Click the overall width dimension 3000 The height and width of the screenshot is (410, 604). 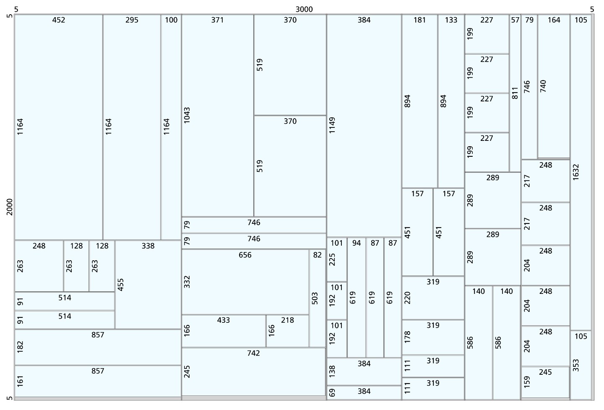coord(304,10)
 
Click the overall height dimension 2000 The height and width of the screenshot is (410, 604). coord(10,207)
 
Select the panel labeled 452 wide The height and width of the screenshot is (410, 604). coord(59,127)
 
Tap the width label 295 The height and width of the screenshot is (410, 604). coord(132,20)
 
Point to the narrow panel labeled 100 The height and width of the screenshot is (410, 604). coord(171,127)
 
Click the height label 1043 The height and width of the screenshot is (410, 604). coord(187,115)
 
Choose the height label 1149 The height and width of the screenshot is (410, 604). coord(332,125)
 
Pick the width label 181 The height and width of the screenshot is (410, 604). coord(419,20)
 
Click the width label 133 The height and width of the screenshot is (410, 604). coord(451,20)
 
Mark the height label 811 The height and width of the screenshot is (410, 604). coord(515,93)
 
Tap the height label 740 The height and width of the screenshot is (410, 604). coord(543,86)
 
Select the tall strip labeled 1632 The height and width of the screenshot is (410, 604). coord(581,172)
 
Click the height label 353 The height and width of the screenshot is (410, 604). coord(575,365)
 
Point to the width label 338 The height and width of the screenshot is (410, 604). coord(148,246)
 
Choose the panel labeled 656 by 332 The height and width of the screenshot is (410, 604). coord(245,282)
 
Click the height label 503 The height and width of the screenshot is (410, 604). coord(315,298)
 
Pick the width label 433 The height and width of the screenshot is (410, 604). coord(224,320)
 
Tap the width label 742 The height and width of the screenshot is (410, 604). coord(253,353)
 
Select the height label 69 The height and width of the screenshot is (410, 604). coord(332,392)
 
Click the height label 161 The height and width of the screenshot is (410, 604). coord(20,381)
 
